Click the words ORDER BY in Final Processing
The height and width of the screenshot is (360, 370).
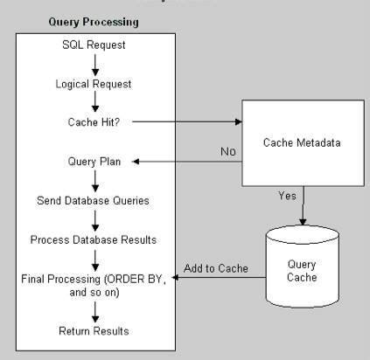151,279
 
